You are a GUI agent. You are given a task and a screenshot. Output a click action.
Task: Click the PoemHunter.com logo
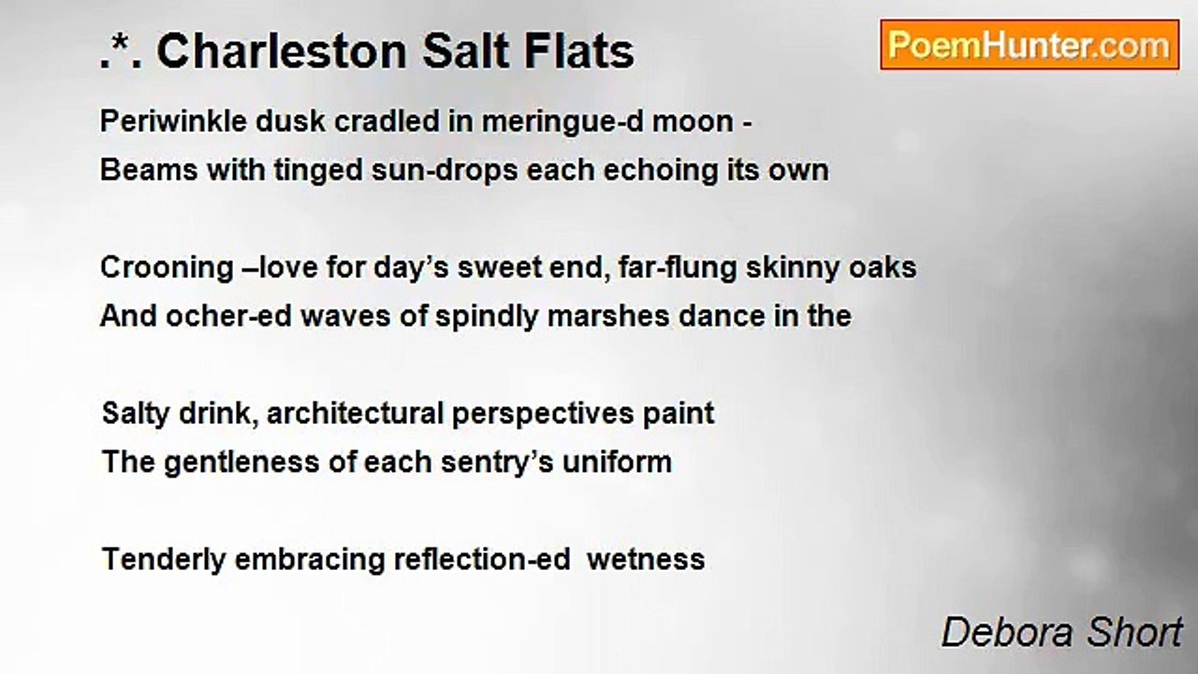coord(1030,45)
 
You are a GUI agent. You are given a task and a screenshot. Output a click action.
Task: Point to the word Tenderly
coord(163,560)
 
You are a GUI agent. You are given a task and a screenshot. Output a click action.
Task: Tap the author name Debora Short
coord(1061,633)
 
